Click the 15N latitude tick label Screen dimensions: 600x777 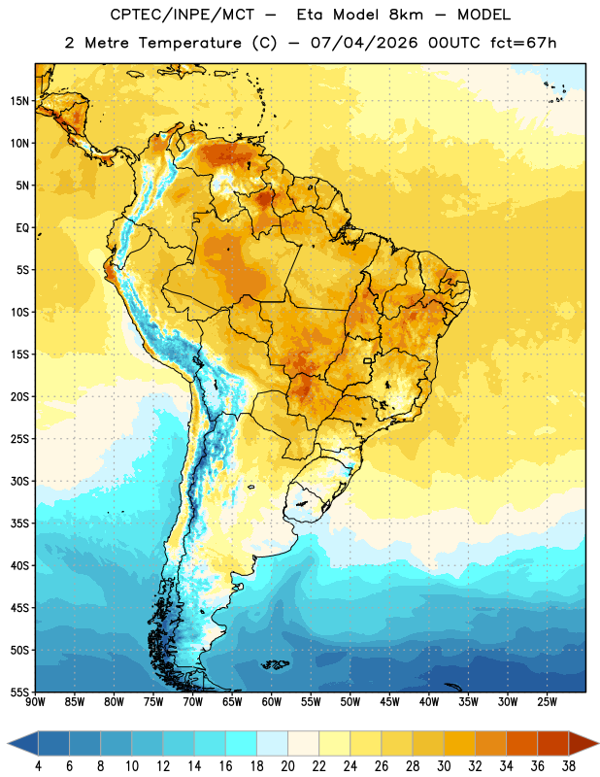pos(19,101)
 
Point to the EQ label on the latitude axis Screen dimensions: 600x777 pos(22,228)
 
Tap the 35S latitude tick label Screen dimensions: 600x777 pos(19,524)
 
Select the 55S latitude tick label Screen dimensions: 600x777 pos(19,693)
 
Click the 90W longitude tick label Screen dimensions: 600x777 pos(35,702)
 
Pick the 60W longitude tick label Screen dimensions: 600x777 pos(272,702)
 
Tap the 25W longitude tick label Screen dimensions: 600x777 pos(547,702)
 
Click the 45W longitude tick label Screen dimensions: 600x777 pos(390,702)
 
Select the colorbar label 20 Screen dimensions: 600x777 pos(287,766)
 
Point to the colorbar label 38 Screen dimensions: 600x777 pos(569,766)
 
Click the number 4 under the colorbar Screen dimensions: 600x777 pos(38,766)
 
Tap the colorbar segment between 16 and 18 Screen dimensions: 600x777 pos(241,743)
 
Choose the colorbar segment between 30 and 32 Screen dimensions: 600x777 pos(459,743)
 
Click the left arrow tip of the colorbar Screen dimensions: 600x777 pos(8,743)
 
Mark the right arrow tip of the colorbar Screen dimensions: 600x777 pos(599,743)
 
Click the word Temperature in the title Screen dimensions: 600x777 pos(189,43)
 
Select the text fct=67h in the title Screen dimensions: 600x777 pos(523,43)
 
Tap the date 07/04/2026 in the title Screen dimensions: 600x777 pos(364,43)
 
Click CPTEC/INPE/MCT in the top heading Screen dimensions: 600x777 pos(182,15)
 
